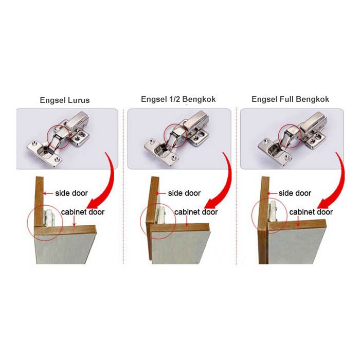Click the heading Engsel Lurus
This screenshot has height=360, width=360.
[65, 100]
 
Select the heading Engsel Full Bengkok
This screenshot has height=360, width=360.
[290, 99]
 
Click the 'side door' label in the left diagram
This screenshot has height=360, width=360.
[71, 193]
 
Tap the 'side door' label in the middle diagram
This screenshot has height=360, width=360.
[184, 193]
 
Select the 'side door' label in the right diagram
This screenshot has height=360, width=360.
[295, 193]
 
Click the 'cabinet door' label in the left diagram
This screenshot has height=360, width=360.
[83, 212]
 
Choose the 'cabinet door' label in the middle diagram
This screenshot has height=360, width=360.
[196, 212]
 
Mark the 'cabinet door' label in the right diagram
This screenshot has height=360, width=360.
[311, 212]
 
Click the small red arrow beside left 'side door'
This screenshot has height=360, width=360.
[48, 194]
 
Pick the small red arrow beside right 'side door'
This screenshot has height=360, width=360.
[272, 194]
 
